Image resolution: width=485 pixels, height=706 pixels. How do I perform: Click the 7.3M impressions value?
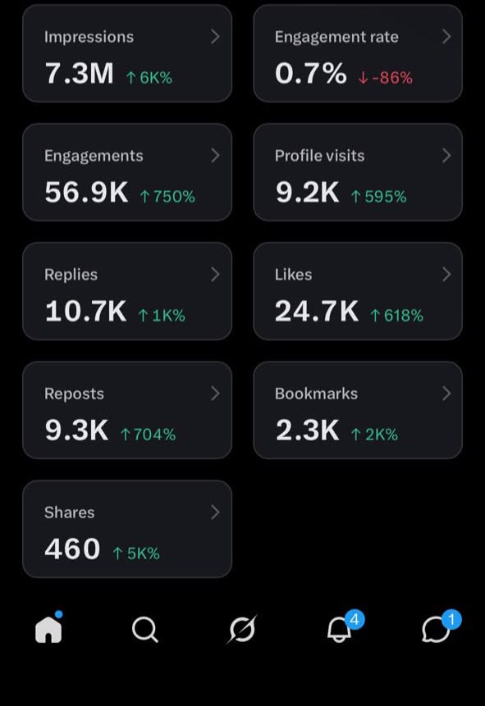[x=80, y=74]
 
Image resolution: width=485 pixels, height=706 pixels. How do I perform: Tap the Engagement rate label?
[x=336, y=37]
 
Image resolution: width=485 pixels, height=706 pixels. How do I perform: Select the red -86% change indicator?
[x=386, y=77]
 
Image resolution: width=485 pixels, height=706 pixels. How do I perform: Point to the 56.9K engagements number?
[x=86, y=192]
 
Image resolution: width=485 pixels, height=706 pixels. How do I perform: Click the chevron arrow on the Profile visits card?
[x=446, y=155]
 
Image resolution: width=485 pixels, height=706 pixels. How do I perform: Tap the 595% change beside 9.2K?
[x=379, y=196]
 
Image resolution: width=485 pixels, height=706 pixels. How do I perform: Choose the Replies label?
[x=71, y=275]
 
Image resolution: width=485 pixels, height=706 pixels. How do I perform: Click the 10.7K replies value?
[x=85, y=311]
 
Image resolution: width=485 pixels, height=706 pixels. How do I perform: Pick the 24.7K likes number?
[x=317, y=311]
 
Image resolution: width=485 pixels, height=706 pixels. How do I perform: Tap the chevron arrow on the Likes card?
[x=446, y=274]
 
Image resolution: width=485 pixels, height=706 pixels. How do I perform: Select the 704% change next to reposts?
[x=148, y=434]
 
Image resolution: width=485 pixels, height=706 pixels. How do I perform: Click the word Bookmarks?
[x=316, y=394]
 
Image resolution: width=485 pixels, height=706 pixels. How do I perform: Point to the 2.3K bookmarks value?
[x=308, y=430]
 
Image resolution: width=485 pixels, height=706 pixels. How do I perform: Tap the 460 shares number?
[x=72, y=549]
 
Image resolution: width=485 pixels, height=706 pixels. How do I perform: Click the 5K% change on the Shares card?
[x=136, y=553]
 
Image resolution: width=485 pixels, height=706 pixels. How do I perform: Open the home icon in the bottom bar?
[x=48, y=629]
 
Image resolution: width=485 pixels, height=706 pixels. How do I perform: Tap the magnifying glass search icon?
[x=145, y=629]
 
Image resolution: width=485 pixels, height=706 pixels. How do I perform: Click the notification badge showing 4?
[x=355, y=620]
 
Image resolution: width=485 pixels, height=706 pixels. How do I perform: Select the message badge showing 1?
[x=451, y=620]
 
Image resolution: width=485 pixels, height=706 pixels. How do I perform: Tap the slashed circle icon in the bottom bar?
[x=242, y=629]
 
